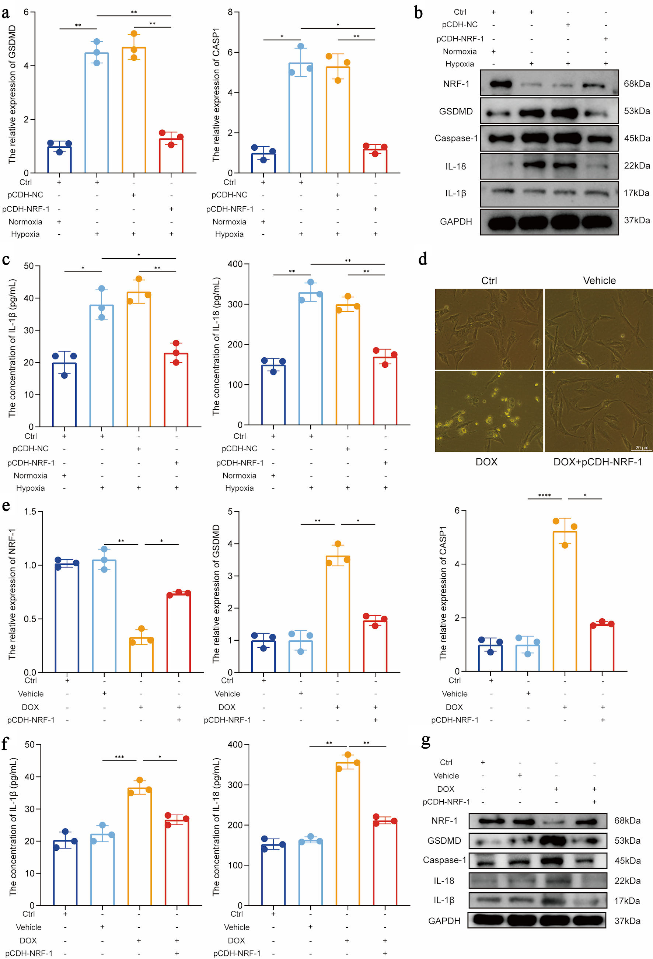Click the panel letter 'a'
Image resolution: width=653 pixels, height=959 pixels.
(x=6, y=13)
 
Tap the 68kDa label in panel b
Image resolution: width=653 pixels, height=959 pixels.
(x=636, y=84)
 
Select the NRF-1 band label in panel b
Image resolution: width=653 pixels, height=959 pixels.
(x=456, y=84)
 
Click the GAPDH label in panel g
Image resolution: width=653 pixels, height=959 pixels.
(x=444, y=921)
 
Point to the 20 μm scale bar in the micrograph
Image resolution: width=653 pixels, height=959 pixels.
(x=642, y=448)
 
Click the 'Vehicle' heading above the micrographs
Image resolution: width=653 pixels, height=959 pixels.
(x=599, y=281)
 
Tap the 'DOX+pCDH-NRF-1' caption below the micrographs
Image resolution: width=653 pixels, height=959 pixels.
(x=597, y=462)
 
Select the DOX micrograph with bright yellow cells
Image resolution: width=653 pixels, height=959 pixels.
(x=489, y=411)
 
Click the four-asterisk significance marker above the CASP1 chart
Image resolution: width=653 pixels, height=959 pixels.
(x=544, y=495)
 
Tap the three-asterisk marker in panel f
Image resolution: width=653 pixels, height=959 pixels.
(x=119, y=757)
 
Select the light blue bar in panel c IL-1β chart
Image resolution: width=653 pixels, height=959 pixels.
(x=102, y=365)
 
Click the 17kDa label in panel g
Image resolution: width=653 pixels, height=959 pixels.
(x=627, y=900)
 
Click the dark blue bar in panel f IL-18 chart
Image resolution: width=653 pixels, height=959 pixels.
(x=273, y=875)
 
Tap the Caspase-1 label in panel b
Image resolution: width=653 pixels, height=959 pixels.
(x=456, y=138)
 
